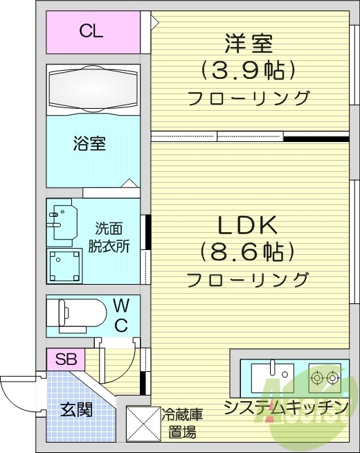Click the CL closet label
coord(91,30)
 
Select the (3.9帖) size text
coord(249,69)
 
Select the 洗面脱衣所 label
coord(108,238)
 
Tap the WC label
coord(120,314)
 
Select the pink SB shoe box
coord(66,359)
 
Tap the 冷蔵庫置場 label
coord(182,424)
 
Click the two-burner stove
coord(325,378)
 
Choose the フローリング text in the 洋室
coord(249,98)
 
